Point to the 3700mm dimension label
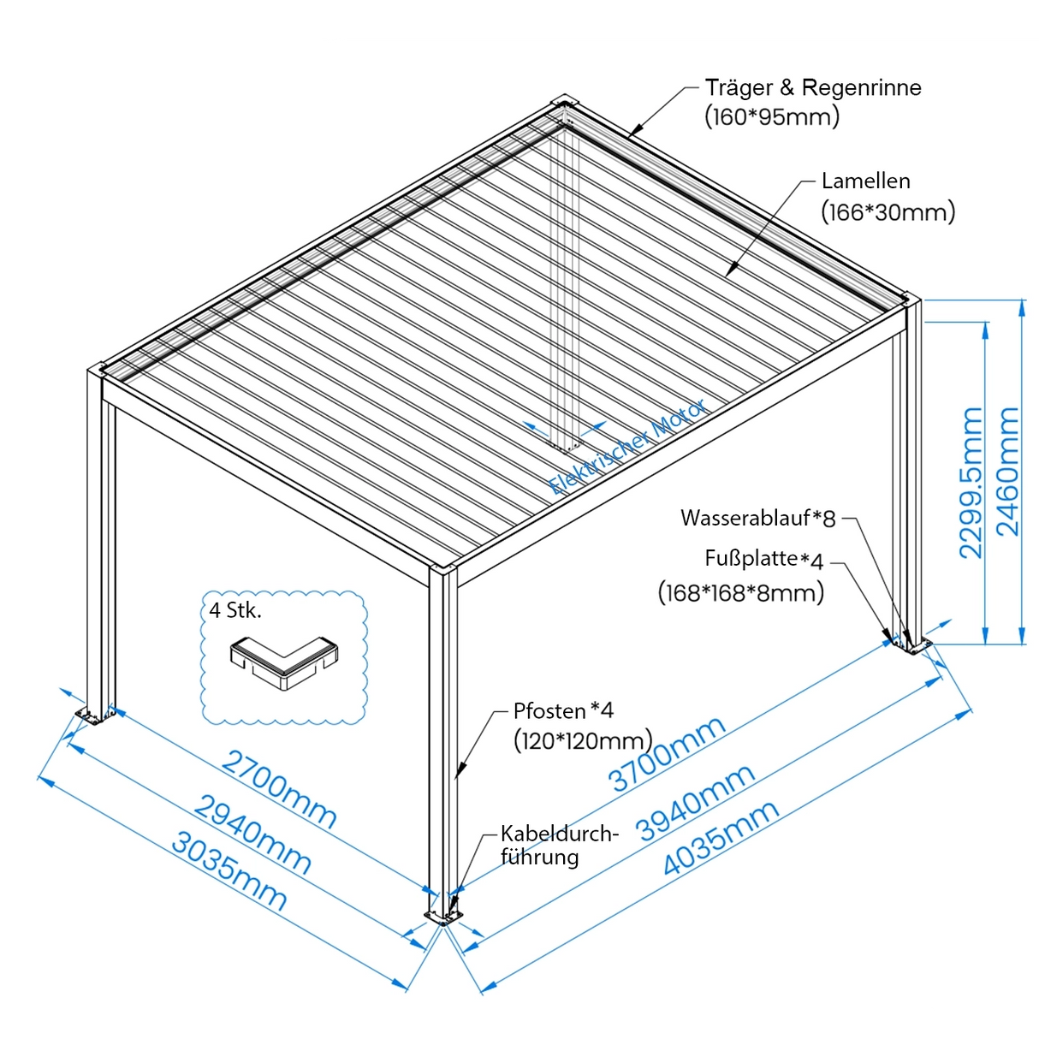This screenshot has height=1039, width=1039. [x=667, y=754]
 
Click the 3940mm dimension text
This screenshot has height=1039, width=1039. [x=695, y=802]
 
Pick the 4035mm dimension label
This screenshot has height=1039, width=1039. [x=721, y=838]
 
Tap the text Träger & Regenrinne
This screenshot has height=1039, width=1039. [x=812, y=87]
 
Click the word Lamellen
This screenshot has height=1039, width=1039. [x=865, y=181]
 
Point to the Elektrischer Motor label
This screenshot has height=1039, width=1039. [x=628, y=447]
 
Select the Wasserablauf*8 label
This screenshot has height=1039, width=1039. [x=757, y=518]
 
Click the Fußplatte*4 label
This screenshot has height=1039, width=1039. [x=763, y=559]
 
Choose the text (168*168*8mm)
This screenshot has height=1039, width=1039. [x=740, y=592]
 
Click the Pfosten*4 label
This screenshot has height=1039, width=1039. [x=563, y=710]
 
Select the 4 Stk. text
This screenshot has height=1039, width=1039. [x=235, y=610]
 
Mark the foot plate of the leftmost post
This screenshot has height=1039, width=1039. [x=93, y=715]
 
